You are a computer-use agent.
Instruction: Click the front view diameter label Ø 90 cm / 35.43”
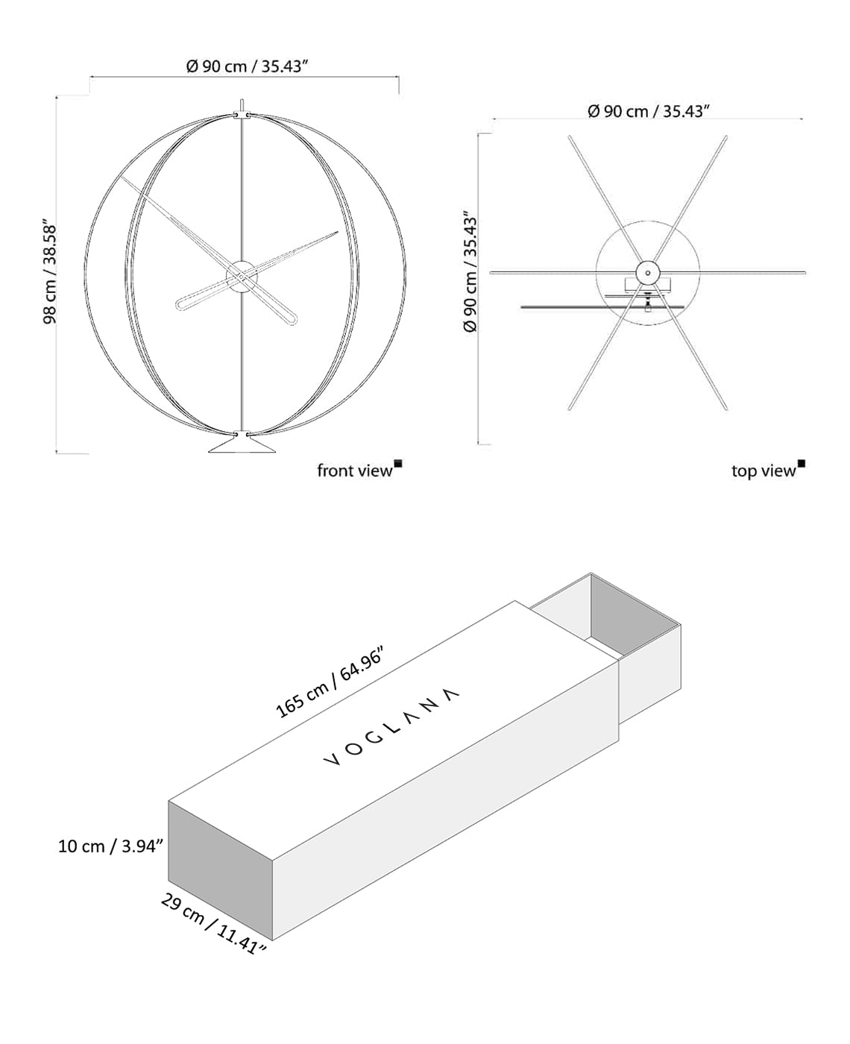247,66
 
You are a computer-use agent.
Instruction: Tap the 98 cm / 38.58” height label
50,271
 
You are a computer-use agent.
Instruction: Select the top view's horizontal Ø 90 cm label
648,111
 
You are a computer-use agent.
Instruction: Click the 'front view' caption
354,471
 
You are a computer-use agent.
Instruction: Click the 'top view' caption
764,471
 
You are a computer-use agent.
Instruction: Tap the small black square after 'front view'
398,464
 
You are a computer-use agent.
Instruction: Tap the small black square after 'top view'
802,464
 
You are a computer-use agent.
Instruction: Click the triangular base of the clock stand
242,445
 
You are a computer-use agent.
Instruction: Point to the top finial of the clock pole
242,104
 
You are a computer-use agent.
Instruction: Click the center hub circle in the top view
648,273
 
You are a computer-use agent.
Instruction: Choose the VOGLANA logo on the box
391,727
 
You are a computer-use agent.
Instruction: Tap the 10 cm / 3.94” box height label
110,846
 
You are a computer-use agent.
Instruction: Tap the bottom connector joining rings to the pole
242,433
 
